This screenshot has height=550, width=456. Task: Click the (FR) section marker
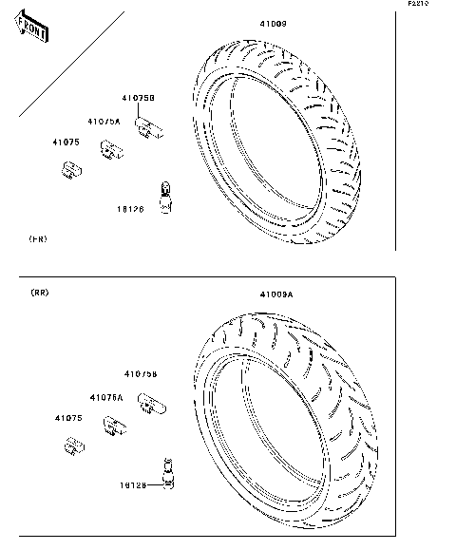tap(37, 238)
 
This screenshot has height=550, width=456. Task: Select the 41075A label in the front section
tap(104, 122)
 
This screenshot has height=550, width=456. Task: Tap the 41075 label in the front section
tap(66, 142)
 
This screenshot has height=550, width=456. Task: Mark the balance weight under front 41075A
tap(115, 148)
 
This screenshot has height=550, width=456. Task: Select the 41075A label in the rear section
tap(105, 397)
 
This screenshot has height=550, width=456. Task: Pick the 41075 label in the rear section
tap(67, 418)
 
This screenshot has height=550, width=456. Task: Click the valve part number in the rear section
tap(133, 484)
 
